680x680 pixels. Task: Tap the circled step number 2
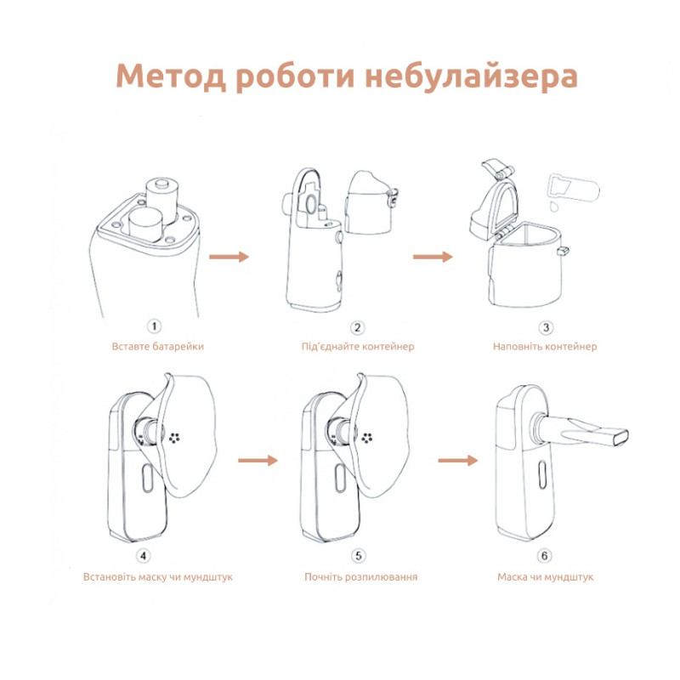pyautogui.click(x=358, y=327)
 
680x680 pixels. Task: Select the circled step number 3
pyautogui.click(x=546, y=327)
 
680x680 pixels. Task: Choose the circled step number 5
pyautogui.click(x=358, y=556)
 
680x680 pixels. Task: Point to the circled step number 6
pyautogui.click(x=544, y=556)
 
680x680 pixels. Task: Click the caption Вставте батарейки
pyautogui.click(x=158, y=347)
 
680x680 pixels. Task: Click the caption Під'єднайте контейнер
pyautogui.click(x=358, y=347)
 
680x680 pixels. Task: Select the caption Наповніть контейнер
pyautogui.click(x=545, y=347)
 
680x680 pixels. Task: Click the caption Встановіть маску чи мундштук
pyautogui.click(x=158, y=576)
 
